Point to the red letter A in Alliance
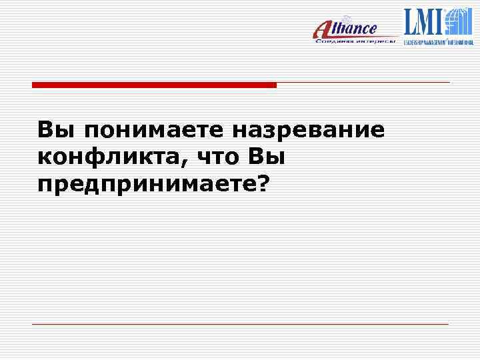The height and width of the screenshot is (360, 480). point(323,30)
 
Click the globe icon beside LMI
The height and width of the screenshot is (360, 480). point(459,21)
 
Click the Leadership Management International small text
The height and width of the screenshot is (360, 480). point(437,41)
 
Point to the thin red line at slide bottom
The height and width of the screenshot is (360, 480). point(240,324)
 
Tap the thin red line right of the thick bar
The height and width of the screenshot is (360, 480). point(363,83)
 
